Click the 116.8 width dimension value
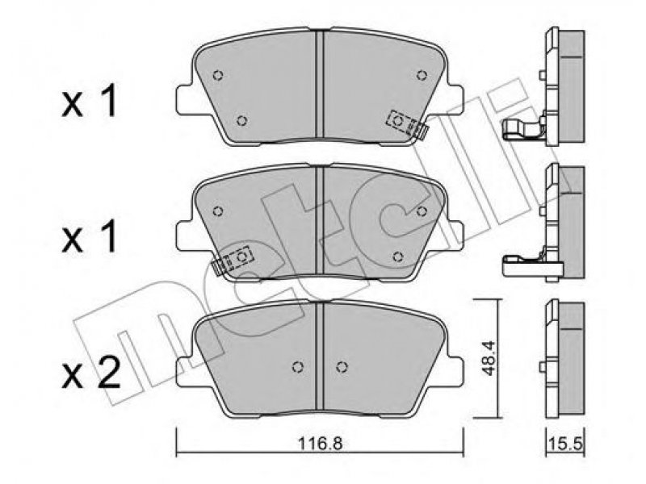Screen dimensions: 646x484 (320, 444)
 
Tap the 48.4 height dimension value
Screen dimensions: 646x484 (489, 359)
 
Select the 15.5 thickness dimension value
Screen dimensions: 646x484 (564, 444)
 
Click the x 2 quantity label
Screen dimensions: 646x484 (90, 373)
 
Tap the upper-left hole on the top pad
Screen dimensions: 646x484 (218, 76)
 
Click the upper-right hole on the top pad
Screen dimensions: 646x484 (421, 75)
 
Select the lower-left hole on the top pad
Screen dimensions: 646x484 (242, 121)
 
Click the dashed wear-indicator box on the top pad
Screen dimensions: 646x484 (401, 122)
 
